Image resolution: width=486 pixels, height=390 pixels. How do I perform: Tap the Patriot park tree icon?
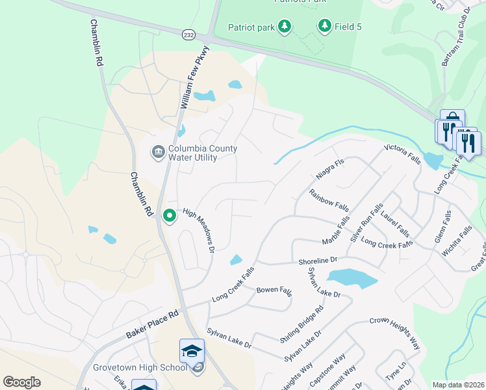tap(284, 27)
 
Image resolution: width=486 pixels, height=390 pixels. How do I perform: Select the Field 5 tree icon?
tap(324, 26)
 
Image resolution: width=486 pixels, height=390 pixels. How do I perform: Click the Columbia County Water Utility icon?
tap(158, 153)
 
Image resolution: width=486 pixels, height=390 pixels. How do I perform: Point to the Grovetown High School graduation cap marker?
tap(192, 352)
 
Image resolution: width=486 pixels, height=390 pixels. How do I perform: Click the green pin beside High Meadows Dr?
tap(170, 215)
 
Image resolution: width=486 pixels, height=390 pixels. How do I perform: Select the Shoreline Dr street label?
tap(318, 261)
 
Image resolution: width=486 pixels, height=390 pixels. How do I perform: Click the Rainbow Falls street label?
tap(329, 201)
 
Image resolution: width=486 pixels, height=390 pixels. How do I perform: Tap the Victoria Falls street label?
tap(403, 153)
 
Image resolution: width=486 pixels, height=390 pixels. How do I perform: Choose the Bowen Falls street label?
tap(274, 290)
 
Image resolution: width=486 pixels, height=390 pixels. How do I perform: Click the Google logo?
tap(22, 382)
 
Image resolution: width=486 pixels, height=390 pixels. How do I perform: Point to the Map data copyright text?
tap(457, 385)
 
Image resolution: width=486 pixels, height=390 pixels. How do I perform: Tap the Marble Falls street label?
tap(336, 232)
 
